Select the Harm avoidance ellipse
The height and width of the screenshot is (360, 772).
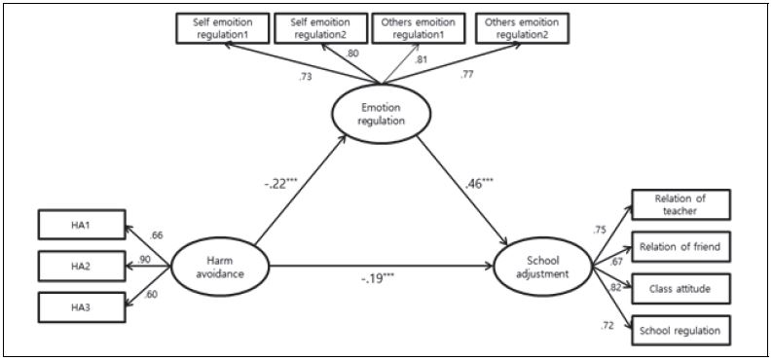tap(218, 265)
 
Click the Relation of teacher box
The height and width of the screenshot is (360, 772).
tap(679, 205)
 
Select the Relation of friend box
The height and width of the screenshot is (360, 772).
tap(679, 247)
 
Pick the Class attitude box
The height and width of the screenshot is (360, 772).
tap(679, 289)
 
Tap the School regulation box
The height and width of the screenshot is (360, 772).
tap(679, 331)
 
